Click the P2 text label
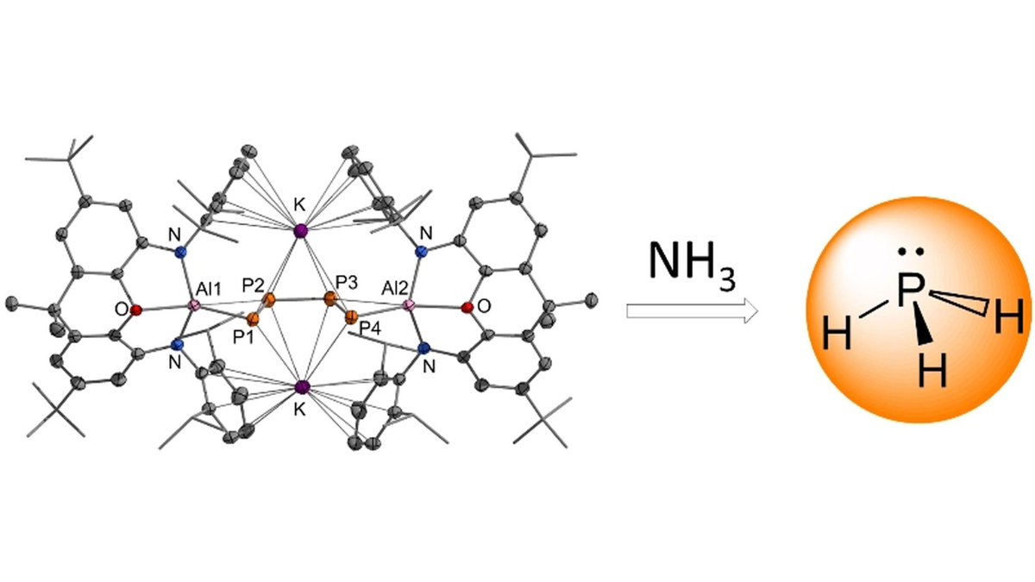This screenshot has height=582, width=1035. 253,284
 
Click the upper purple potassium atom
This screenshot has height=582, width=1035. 300,231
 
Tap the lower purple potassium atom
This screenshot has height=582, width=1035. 301,387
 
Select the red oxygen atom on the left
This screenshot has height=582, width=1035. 136,309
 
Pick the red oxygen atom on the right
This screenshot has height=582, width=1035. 467,307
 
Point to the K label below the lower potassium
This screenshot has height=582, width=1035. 299,411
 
